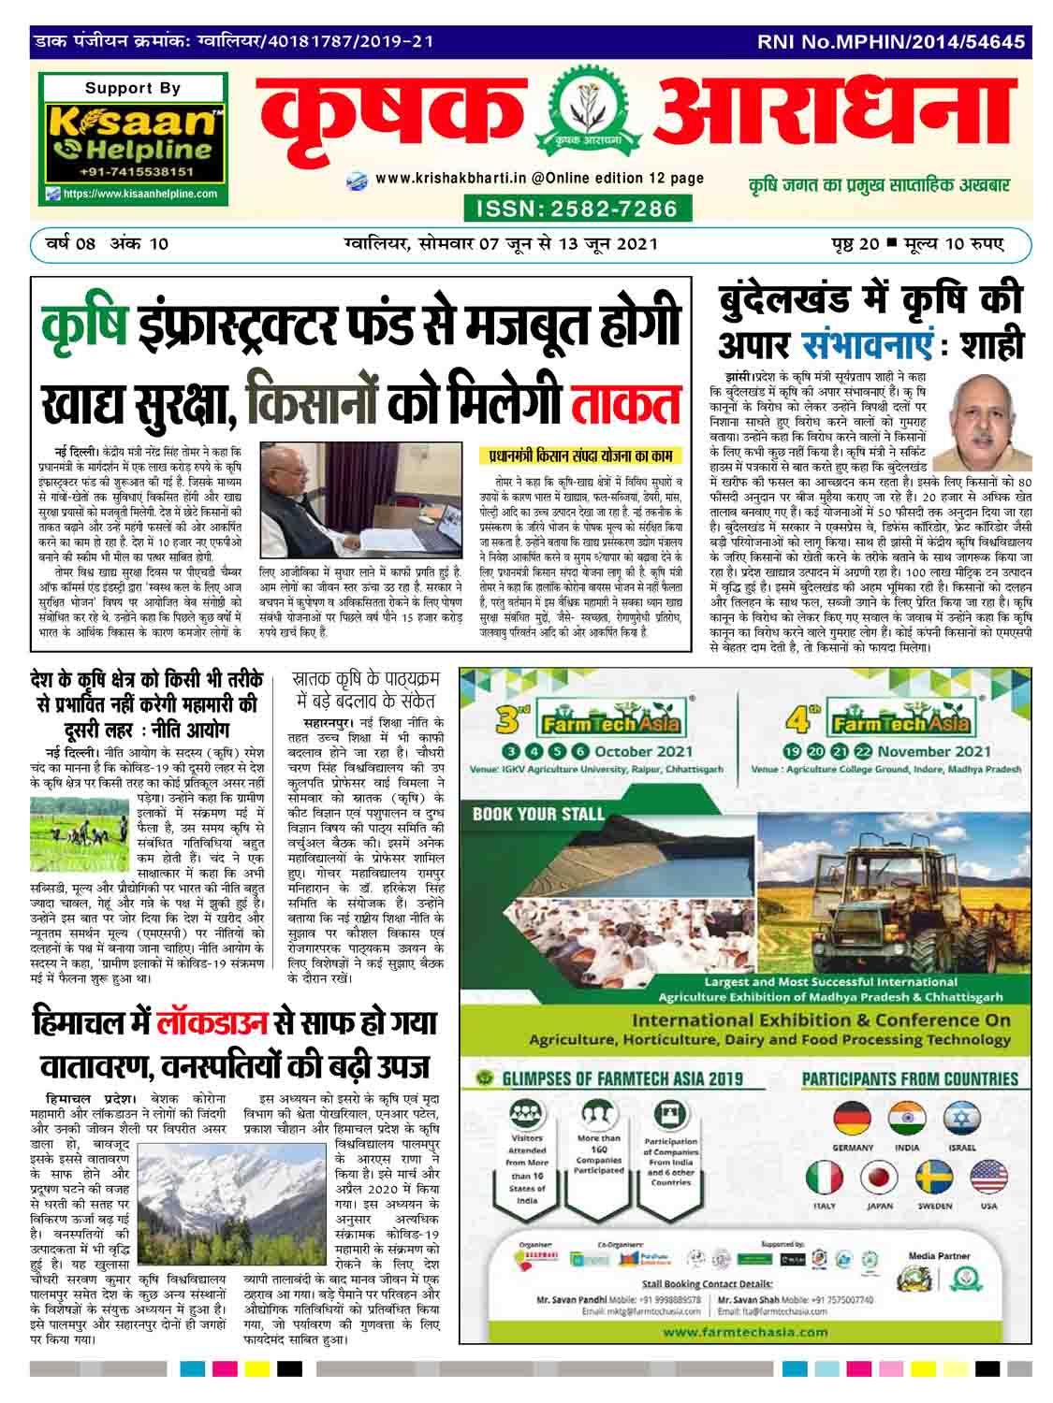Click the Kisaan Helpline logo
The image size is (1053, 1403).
tap(137, 141)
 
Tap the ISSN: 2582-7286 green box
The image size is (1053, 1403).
tap(575, 208)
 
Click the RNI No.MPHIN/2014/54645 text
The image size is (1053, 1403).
tap(891, 41)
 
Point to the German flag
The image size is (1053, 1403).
tap(852, 1120)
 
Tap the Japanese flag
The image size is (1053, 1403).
tap(880, 1180)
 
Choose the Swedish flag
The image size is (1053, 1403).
tap(934, 1180)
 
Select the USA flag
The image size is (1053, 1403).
tap(988, 1180)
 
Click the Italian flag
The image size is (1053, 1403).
tap(825, 1180)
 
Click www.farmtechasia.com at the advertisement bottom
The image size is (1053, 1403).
tap(745, 1332)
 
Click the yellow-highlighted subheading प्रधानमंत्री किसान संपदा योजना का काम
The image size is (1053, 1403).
tap(585, 457)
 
